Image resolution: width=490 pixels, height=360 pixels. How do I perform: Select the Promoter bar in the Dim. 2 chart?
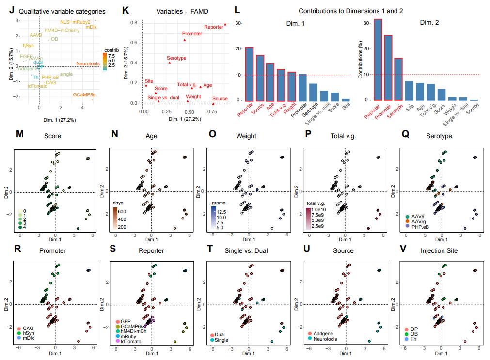click(388, 68)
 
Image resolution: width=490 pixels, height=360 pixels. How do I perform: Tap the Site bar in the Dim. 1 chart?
click(345, 99)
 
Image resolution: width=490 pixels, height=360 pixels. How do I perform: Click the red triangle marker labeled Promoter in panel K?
click(185, 40)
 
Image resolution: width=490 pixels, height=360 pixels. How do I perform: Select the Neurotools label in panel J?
click(88, 64)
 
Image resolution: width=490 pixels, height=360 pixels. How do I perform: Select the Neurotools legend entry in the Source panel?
click(327, 338)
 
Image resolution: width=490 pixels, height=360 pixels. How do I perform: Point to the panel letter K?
click(126, 10)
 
